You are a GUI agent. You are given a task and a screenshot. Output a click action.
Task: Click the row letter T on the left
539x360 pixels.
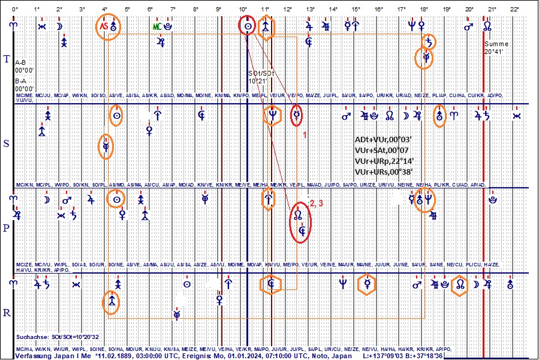coord(7,59)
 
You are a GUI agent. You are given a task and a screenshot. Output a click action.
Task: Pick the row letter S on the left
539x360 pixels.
coord(7,144)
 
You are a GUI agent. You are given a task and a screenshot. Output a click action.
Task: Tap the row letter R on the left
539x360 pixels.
coord(7,313)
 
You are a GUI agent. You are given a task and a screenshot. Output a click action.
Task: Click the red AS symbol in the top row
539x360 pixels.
coord(104,27)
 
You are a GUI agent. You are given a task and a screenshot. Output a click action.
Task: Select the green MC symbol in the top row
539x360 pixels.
coord(157,27)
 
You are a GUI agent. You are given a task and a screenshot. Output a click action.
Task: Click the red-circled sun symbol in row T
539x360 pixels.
coord(247,27)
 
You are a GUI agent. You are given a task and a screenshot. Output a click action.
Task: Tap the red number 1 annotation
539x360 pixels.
coord(305,135)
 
